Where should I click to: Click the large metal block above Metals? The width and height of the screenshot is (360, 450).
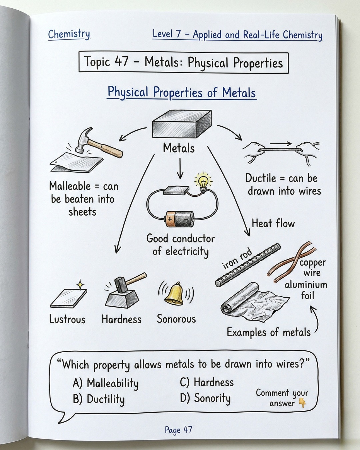coord(182,124)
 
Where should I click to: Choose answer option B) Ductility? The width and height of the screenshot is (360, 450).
coord(99,399)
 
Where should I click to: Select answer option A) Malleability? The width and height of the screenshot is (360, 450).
coord(106,383)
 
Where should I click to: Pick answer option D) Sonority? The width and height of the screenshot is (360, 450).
coord(205,398)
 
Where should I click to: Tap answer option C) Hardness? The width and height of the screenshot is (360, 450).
coord(207,382)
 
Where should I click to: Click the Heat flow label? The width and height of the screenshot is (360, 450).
coord(273,223)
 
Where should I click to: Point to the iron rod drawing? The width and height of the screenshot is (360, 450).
coord(248,265)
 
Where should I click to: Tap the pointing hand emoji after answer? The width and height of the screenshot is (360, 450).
coord(302,403)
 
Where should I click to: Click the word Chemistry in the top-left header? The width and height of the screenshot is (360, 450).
coord(69,34)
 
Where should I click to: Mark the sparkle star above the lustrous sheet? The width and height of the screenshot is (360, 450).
coord(80,285)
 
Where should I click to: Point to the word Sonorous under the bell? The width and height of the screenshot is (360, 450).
coord(176,319)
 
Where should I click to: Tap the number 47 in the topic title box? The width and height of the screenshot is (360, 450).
coord(121,62)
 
